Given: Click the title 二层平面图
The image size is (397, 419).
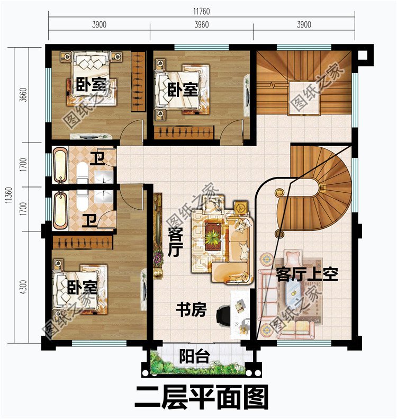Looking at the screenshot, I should pyautogui.click(x=201, y=397).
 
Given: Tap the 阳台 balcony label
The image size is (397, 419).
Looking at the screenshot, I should pyautogui.click(x=190, y=356).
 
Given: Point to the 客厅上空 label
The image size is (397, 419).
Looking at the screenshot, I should pyautogui.click(x=306, y=275).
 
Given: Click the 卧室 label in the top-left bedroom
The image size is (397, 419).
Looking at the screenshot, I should pyautogui.click(x=92, y=84).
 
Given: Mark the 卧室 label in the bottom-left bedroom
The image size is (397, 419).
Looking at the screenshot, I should pyautogui.click(x=82, y=288).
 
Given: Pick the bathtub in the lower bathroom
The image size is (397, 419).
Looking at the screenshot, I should pyautogui.click(x=59, y=210).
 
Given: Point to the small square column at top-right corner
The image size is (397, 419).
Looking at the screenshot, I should pyautogui.click(x=362, y=55).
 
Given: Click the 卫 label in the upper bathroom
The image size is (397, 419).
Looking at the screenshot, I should pyautogui.click(x=96, y=158).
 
